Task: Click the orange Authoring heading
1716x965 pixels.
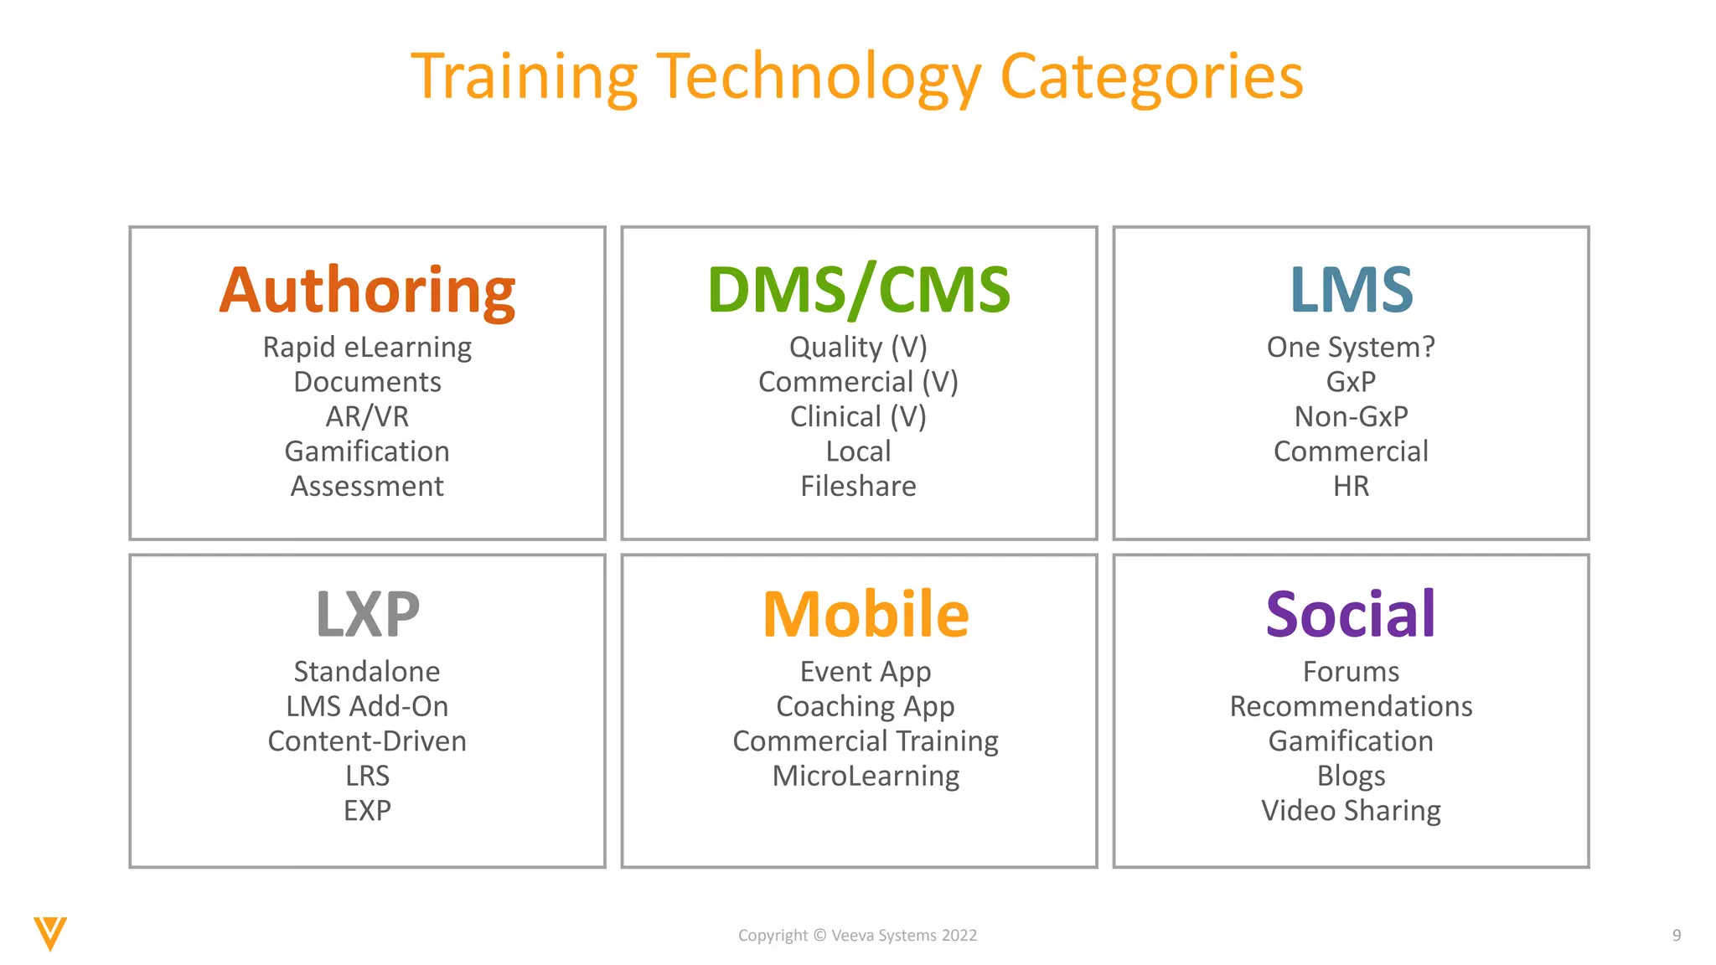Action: [x=367, y=290]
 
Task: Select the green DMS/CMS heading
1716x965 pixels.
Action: [x=859, y=290]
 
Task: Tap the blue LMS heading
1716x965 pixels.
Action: [x=1351, y=290]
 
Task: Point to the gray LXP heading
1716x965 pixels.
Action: [x=367, y=614]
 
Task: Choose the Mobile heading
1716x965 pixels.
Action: [x=866, y=614]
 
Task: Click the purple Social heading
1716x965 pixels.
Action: [x=1351, y=614]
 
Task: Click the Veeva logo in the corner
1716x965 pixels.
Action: [x=50, y=933]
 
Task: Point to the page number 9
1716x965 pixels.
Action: [x=1676, y=936]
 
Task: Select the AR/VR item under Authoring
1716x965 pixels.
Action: [x=367, y=416]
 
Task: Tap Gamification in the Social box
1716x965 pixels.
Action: [x=1351, y=741]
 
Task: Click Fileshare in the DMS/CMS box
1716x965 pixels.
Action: [x=858, y=486]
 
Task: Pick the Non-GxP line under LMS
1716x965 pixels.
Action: [x=1351, y=416]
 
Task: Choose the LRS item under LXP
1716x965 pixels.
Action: [x=367, y=776]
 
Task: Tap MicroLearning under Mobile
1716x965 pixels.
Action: [x=866, y=776]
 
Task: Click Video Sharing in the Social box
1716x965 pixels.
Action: [x=1351, y=811]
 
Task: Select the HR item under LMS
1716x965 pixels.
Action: [x=1351, y=486]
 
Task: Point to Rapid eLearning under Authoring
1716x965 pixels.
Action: [x=367, y=347]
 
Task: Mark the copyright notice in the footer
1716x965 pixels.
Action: [x=857, y=936]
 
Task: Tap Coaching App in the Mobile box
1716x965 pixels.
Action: [x=866, y=706]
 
